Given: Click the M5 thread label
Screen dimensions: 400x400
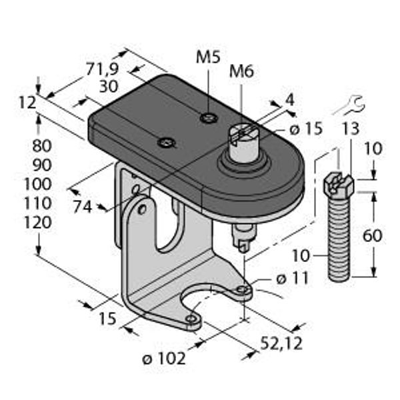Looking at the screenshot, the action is pyautogui.click(x=208, y=57).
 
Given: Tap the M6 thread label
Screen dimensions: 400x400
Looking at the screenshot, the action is pyautogui.click(x=241, y=71).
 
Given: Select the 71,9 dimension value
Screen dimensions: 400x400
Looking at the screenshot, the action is pyautogui.click(x=102, y=69).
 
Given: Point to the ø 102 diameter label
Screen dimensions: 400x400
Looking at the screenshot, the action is pyautogui.click(x=164, y=359).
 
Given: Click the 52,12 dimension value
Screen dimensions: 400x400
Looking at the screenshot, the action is pyautogui.click(x=281, y=343).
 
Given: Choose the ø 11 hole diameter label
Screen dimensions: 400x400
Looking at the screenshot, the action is pyautogui.click(x=293, y=279).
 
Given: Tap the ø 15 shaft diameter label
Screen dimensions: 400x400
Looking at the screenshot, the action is pyautogui.click(x=306, y=129).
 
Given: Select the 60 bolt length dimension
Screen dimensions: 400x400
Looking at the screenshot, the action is pyautogui.click(x=372, y=235).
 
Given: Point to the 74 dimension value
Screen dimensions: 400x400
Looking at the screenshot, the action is pyautogui.click(x=82, y=207).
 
